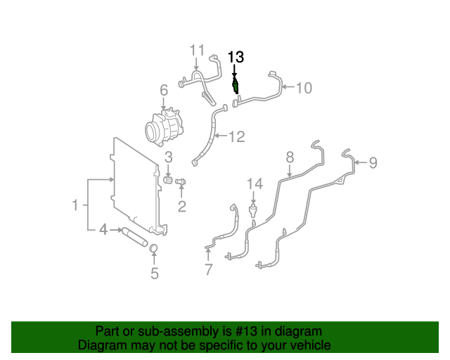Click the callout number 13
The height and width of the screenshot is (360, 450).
[236, 57]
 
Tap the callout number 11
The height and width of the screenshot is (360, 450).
[196, 51]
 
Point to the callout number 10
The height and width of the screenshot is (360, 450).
[303, 88]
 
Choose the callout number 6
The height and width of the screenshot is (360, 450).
[163, 90]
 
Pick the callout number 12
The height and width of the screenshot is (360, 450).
[236, 136]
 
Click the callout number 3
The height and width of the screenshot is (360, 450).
[169, 156]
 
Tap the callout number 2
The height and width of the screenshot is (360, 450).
[181, 206]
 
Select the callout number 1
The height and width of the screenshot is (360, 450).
[75, 205]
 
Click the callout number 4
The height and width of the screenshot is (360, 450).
[103, 229]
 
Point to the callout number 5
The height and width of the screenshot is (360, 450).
[155, 274]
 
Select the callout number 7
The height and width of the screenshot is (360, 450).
[209, 270]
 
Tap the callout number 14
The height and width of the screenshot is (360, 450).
[254, 184]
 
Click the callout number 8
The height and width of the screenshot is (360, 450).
[289, 157]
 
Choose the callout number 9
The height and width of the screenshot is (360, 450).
[373, 163]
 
